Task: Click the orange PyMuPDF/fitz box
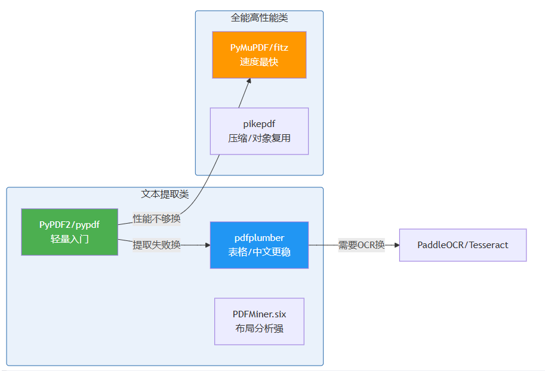pos(259,55)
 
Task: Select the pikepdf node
pos(259,131)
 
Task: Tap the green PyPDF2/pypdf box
pos(69,232)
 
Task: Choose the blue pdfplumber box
pos(259,245)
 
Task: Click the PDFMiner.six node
pos(259,321)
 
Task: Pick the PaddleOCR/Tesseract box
pos(463,245)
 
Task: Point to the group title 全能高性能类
pos(259,18)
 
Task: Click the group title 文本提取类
pos(165,194)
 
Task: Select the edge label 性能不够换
pos(156,219)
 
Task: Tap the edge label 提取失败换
pos(156,245)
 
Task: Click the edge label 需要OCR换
pos(361,245)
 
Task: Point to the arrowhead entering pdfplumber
pos(207,245)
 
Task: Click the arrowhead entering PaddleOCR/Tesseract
pos(396,245)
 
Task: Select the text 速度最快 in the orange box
pos(259,62)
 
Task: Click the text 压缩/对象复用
pos(259,138)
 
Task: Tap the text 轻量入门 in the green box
pos(69,240)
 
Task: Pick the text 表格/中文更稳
pos(259,252)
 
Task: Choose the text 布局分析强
pos(259,329)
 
